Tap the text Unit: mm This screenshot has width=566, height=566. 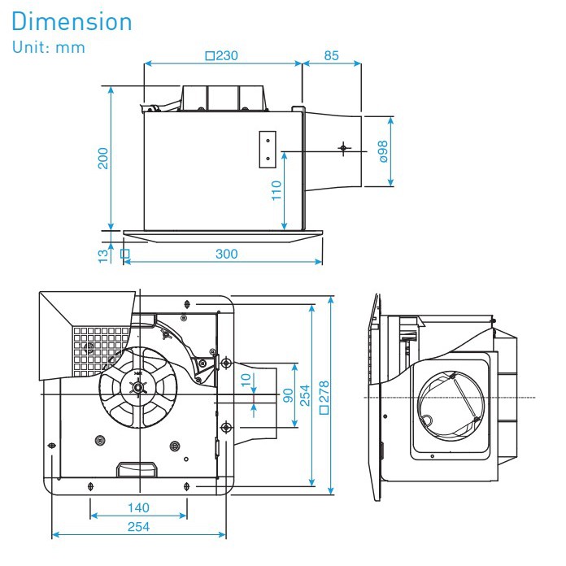click(50, 46)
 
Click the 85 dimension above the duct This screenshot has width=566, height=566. click(330, 56)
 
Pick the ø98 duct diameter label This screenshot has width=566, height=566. click(383, 151)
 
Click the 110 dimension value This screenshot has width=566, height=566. click(276, 190)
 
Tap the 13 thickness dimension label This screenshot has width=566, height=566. click(103, 255)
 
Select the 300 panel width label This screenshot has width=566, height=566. click(227, 254)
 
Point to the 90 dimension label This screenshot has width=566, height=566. click(286, 394)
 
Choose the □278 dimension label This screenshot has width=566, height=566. click(325, 396)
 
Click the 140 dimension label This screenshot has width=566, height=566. click(139, 507)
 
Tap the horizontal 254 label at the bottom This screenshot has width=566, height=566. click(139, 526)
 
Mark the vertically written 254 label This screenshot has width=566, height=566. click(306, 396)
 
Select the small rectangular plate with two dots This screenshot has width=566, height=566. click(267, 150)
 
